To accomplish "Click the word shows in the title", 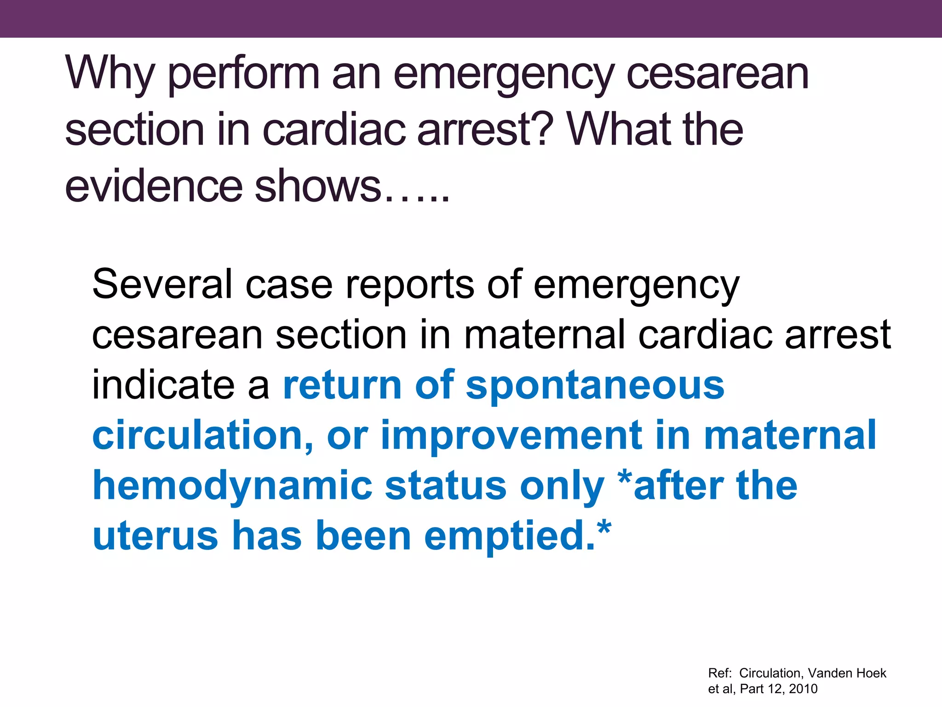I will click(x=317, y=186).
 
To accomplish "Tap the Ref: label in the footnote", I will click(x=719, y=673).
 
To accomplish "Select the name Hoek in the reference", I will click(x=872, y=673).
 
